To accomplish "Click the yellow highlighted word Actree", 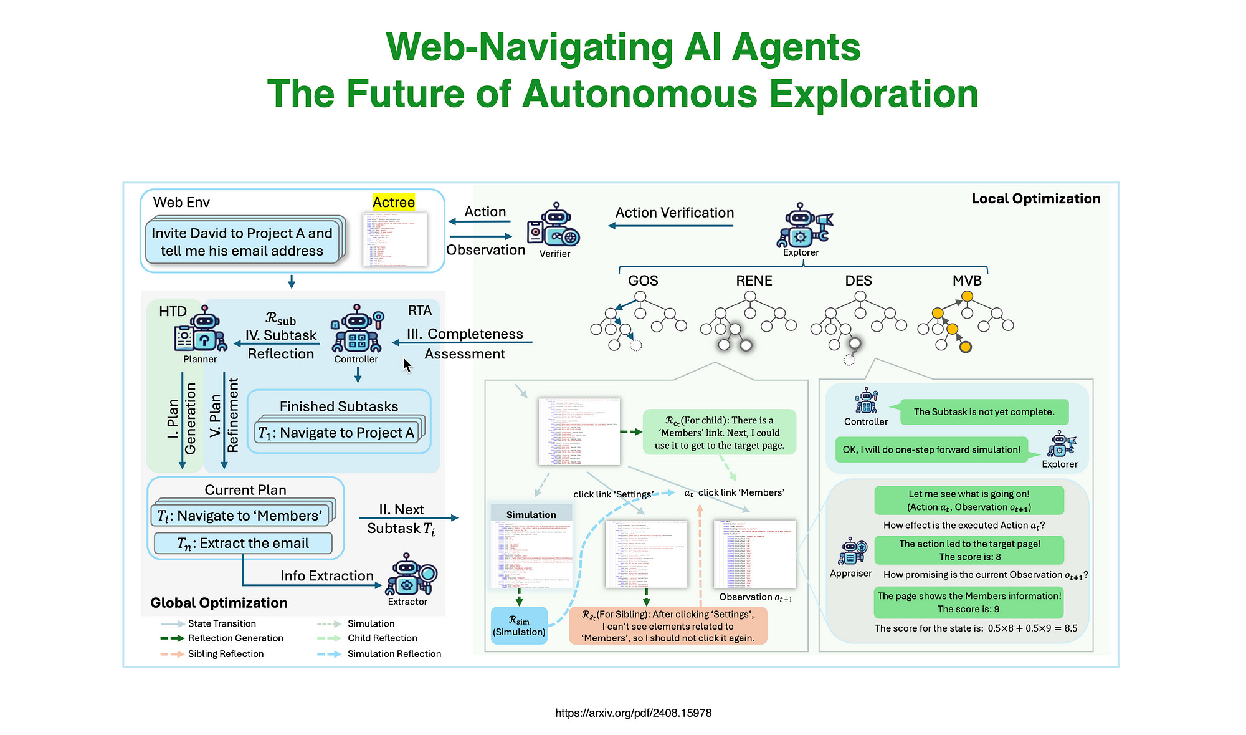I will point(393,202).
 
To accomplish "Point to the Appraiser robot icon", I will point(852,551).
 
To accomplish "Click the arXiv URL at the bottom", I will point(633,713).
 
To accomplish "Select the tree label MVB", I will point(967,281).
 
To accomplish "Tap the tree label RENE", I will point(754,281).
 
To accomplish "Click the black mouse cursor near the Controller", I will point(407,365).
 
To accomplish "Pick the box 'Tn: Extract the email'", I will point(243,543).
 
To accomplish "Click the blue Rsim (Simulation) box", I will point(519,625).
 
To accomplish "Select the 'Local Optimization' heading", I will point(1035,199).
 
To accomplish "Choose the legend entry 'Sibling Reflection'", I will point(226,654).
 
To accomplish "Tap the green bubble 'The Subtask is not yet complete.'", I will point(984,412).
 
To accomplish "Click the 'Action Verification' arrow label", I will point(674,213).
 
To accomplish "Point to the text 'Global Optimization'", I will point(219,603).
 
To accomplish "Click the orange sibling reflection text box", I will point(667,626).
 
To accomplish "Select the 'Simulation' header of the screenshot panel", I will point(531,514).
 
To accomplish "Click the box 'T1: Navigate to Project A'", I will point(336,433).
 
